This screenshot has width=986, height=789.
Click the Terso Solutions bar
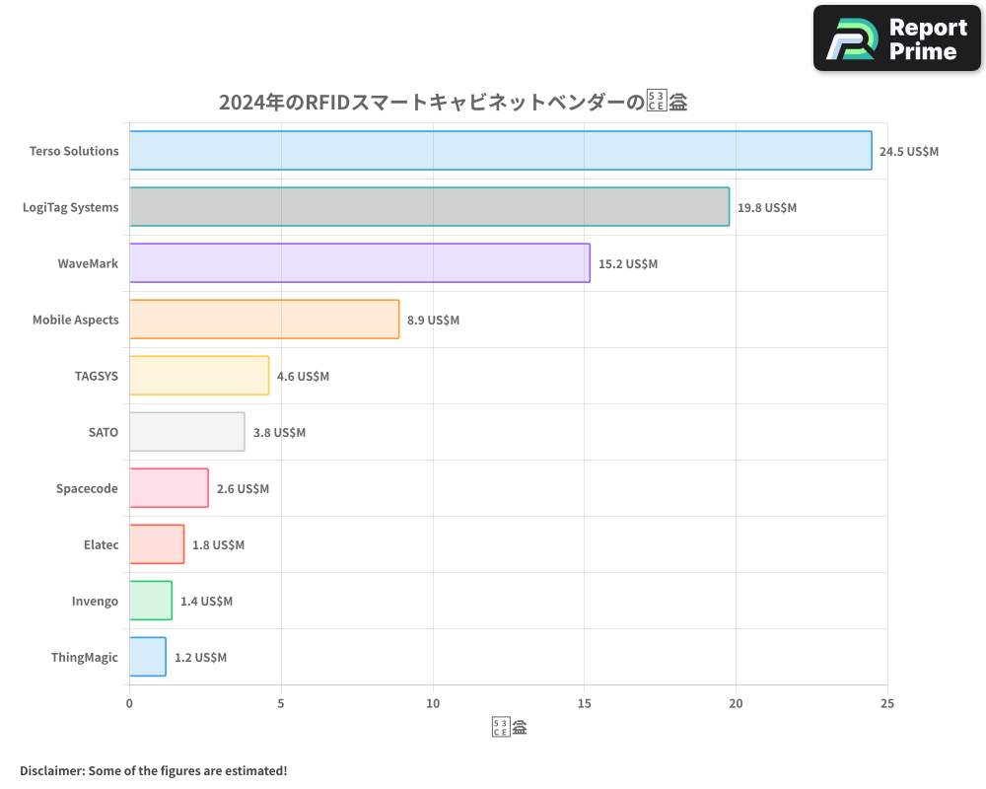pyautogui.click(x=500, y=151)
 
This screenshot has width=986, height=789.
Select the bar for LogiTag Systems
pyautogui.click(x=429, y=207)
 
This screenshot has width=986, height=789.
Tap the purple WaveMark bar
pyautogui.click(x=359, y=263)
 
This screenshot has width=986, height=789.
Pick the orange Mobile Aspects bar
pyautogui.click(x=264, y=320)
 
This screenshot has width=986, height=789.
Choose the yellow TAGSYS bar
pyautogui.click(x=199, y=376)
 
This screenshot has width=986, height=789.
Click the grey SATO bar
pyautogui.click(x=186, y=432)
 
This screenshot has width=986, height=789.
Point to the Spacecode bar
pyautogui.click(x=169, y=488)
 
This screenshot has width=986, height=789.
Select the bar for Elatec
pyautogui.click(x=157, y=544)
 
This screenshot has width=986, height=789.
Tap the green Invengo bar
pyautogui.click(x=151, y=601)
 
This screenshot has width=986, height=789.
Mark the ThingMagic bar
pyautogui.click(x=148, y=657)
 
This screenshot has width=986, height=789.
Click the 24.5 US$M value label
pyautogui.click(x=909, y=152)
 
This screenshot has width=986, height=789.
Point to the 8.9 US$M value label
pyautogui.click(x=433, y=321)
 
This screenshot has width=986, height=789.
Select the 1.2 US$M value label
pyautogui.click(x=200, y=658)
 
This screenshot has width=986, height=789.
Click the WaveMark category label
pyautogui.click(x=88, y=264)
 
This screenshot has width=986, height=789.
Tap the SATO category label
pyautogui.click(x=103, y=433)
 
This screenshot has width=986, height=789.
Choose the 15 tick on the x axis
pyautogui.click(x=584, y=703)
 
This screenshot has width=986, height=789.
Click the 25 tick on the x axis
pyautogui.click(x=887, y=703)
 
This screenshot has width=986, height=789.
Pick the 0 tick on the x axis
pyautogui.click(x=129, y=703)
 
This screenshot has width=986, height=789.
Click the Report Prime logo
pyautogui.click(x=897, y=38)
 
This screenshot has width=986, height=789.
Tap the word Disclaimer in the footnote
pyautogui.click(x=50, y=770)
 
